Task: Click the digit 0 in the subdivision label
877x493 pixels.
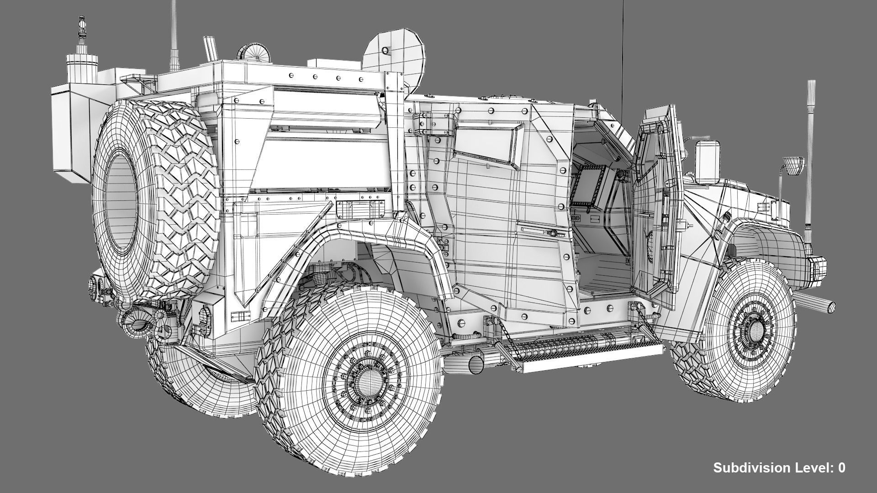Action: click(x=841, y=468)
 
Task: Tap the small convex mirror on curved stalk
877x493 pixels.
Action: click(x=793, y=165)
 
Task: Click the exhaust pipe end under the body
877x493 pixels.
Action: click(x=476, y=365)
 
